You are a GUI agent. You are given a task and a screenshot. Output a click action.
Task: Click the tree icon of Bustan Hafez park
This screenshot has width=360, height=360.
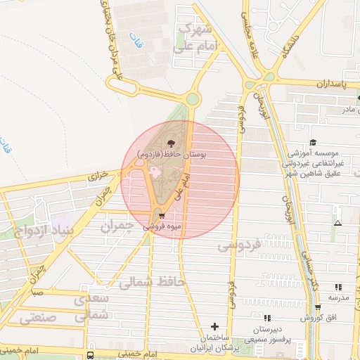(172, 143)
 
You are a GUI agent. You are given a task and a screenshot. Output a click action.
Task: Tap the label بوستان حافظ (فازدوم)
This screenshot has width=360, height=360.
(172, 154)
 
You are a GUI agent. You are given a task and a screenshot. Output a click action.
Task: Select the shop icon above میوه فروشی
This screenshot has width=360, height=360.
(162, 216)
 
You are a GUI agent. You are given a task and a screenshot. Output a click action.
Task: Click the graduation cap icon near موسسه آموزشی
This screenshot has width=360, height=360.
(312, 141)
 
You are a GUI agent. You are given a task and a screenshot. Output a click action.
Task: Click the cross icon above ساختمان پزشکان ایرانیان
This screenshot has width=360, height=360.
(214, 326)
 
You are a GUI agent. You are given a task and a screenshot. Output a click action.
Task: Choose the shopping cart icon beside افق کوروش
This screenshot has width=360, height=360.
(318, 307)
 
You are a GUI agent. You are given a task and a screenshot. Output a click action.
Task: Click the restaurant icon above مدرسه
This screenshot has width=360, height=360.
(338, 287)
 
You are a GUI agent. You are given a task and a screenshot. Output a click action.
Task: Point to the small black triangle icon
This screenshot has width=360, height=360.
(338, 223)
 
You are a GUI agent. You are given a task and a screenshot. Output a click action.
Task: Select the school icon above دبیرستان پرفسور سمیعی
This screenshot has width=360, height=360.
(266, 319)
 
